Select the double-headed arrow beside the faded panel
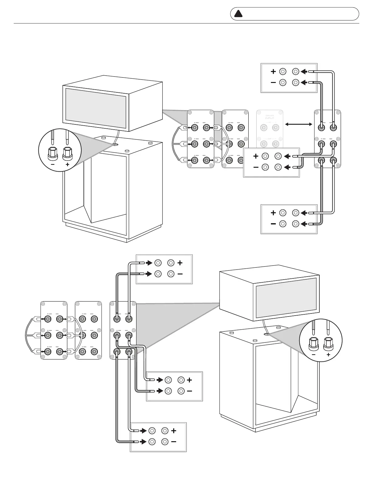click(299, 124)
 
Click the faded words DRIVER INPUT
click(270, 117)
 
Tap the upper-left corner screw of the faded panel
click(259, 112)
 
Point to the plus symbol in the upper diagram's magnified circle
click(67, 164)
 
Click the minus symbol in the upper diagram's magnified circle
click(53, 164)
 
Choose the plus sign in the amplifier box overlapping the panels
click(256, 156)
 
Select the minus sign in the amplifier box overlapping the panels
click(256, 167)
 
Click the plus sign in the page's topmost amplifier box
click(273, 72)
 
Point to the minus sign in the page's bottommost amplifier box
click(174, 442)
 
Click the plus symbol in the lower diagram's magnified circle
click(328, 355)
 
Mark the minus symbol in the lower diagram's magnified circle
click(314, 355)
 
